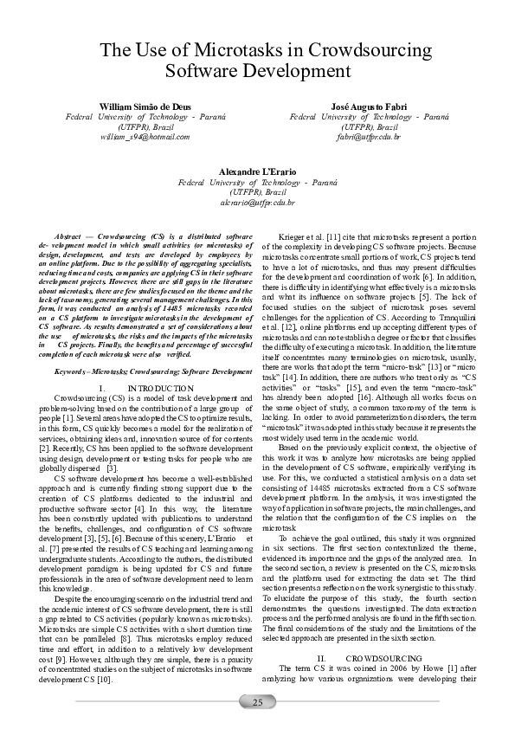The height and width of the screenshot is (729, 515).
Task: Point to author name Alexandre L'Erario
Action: tap(257, 171)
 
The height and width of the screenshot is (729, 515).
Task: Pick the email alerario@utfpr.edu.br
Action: tap(257, 203)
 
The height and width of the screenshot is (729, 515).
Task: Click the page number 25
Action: tap(258, 701)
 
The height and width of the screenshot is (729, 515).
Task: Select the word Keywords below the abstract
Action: tap(72, 371)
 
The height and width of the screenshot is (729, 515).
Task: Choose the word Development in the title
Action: tap(306, 71)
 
